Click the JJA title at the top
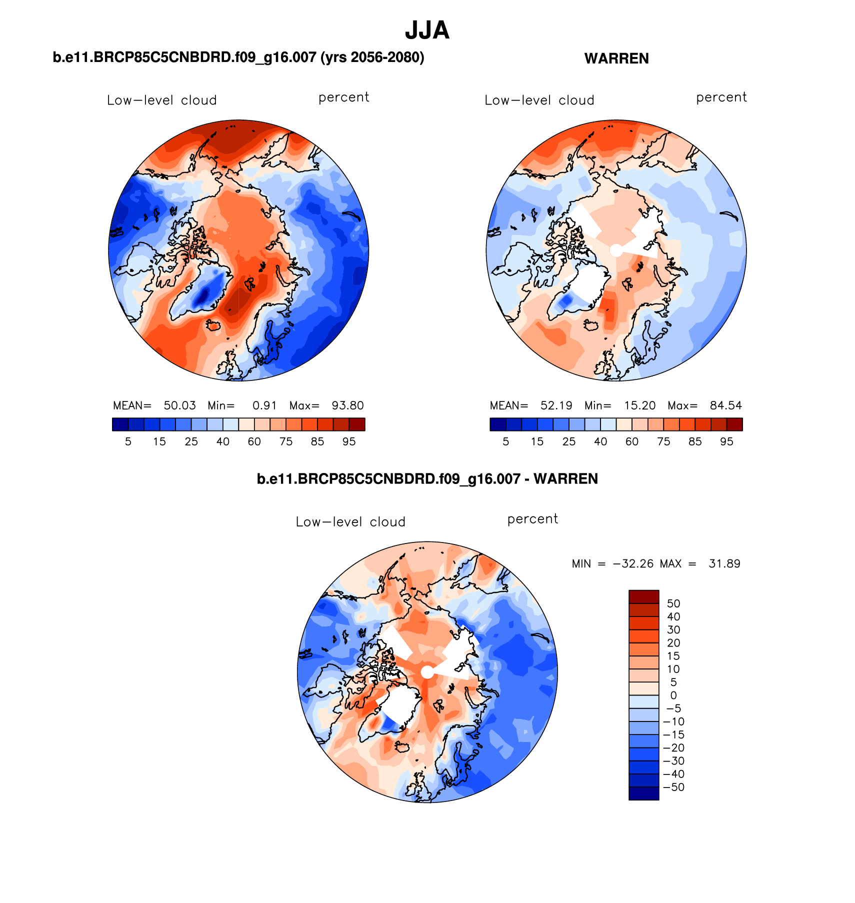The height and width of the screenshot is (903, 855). [427, 30]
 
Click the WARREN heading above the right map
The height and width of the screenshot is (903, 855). [616, 58]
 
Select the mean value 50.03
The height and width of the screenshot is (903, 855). [179, 405]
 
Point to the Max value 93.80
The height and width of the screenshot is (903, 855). [347, 405]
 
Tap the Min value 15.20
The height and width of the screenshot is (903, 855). [639, 405]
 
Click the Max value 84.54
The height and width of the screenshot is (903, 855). [725, 405]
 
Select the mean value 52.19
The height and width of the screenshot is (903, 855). [556, 405]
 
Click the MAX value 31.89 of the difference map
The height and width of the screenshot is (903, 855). [724, 564]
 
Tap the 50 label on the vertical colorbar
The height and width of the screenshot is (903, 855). [673, 603]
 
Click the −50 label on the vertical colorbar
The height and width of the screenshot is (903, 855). [673, 787]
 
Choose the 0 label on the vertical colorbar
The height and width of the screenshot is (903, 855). [673, 695]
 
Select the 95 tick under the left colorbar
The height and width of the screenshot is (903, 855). [349, 441]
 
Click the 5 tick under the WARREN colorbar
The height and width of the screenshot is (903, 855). [505, 441]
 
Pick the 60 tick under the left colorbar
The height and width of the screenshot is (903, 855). [254, 441]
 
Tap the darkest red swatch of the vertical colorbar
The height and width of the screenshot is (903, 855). [643, 597]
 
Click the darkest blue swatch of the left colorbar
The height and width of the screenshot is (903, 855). [120, 424]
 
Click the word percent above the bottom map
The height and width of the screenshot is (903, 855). [532, 519]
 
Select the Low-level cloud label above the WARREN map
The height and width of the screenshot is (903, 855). [539, 100]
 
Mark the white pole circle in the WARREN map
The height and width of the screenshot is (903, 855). [616, 250]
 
